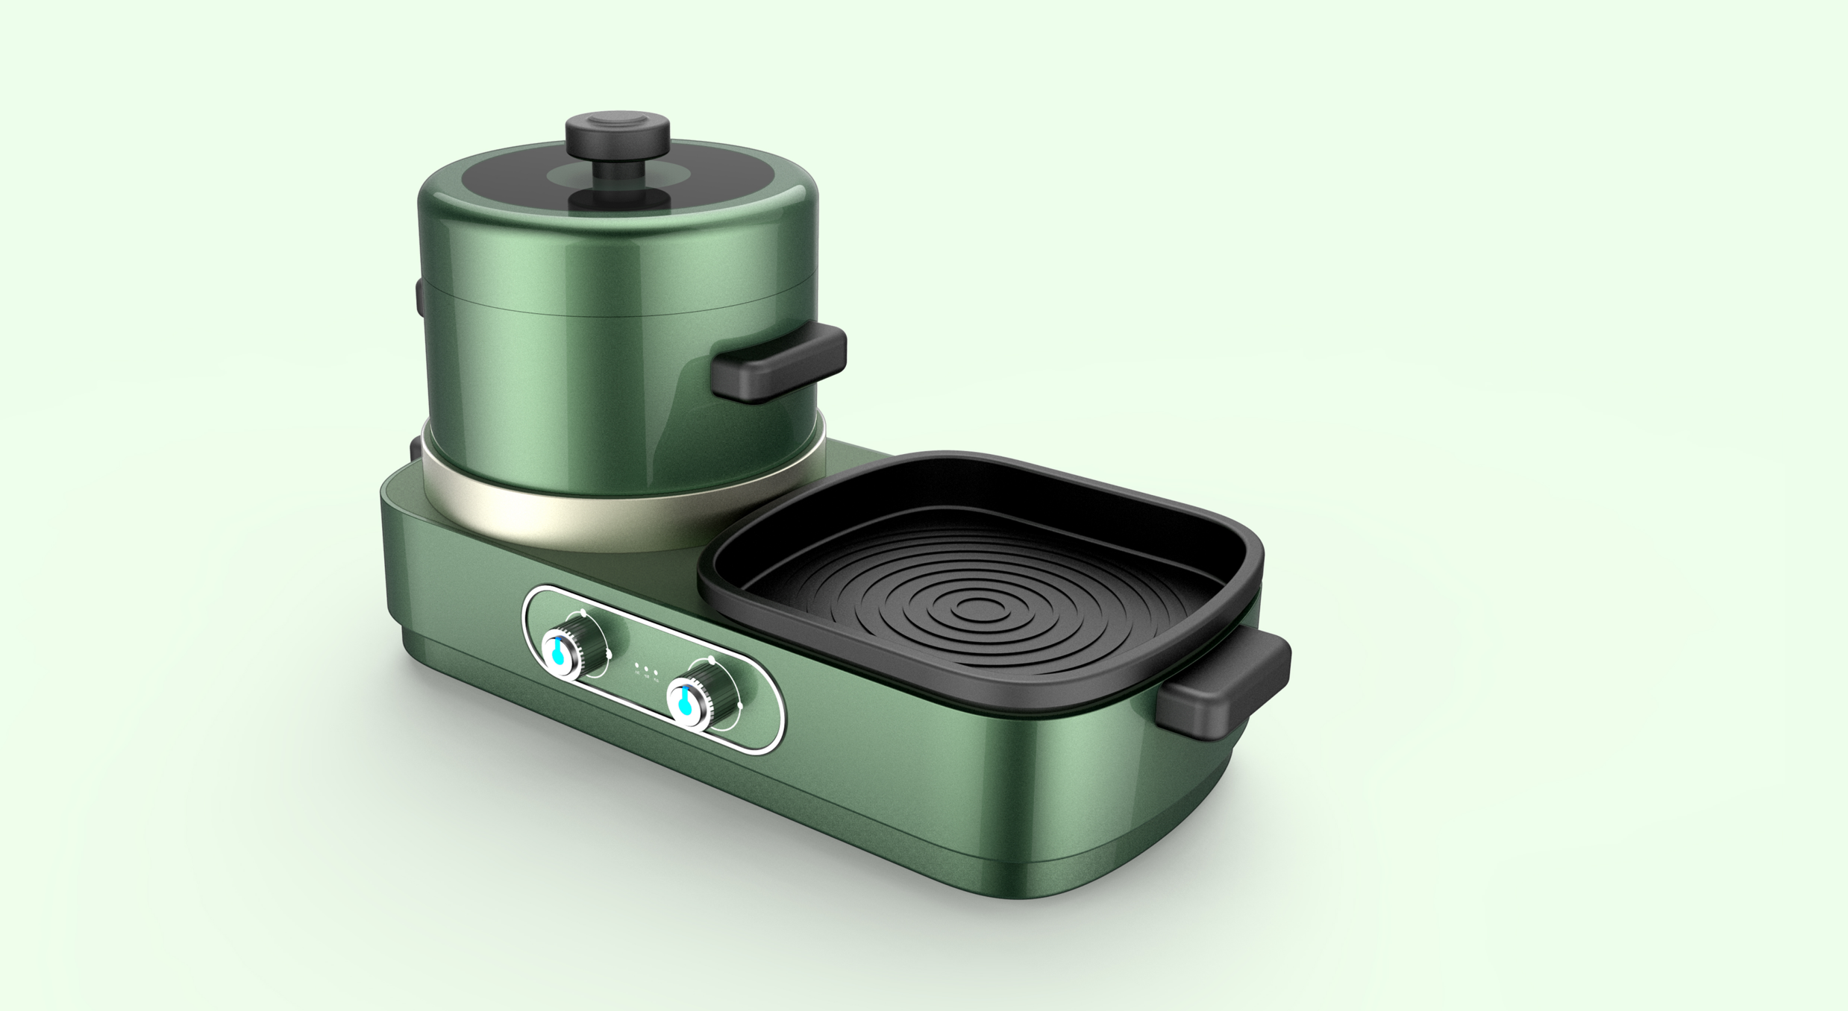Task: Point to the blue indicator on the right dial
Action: (684, 704)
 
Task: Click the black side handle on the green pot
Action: (778, 363)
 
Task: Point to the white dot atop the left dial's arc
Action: (582, 613)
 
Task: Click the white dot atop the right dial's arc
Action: (711, 661)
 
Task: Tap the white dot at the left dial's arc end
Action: (610, 655)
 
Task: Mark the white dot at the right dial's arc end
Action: (739, 705)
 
